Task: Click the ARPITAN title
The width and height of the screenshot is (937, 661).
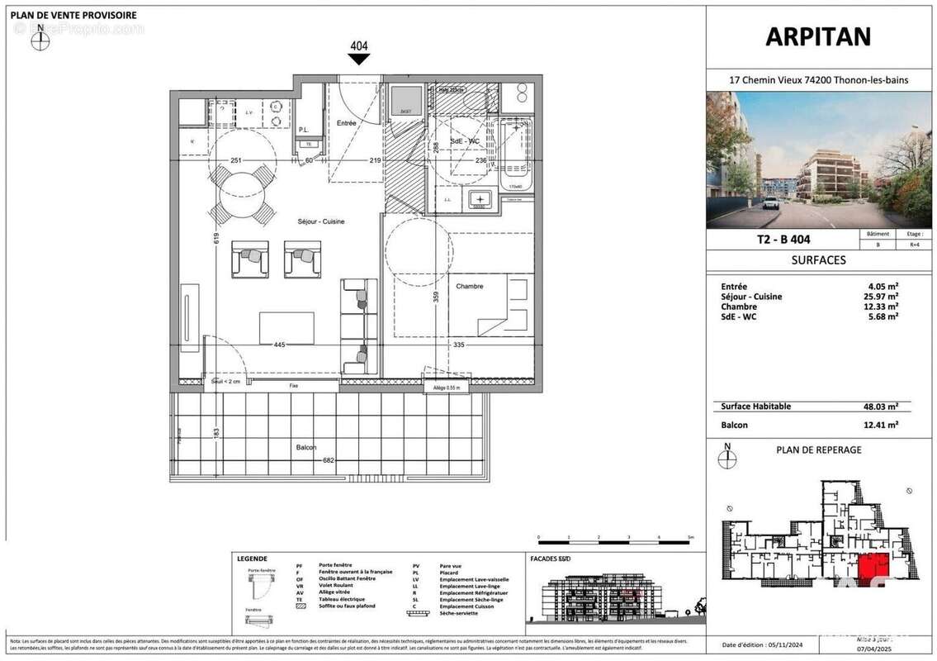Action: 818,37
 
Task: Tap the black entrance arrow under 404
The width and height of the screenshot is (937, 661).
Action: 359,59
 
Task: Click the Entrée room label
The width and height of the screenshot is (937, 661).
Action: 347,123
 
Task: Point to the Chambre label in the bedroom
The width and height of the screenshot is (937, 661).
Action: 469,286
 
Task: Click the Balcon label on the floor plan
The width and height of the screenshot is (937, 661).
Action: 306,447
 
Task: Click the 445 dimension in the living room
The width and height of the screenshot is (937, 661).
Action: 280,345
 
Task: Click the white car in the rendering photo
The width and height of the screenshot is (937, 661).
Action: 770,202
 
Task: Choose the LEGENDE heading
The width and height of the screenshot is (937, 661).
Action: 252,559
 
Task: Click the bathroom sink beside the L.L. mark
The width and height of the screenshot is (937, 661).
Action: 480,199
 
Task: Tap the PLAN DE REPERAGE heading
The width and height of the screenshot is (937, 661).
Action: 818,450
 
